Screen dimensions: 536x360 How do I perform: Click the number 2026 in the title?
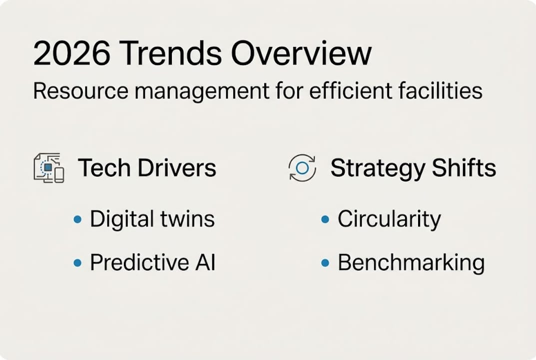point(72,53)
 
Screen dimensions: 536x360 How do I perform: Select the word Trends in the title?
point(170,53)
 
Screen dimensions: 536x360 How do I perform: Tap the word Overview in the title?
point(301,53)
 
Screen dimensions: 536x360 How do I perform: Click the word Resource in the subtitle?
point(80,91)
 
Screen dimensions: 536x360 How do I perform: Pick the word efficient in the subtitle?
point(350,91)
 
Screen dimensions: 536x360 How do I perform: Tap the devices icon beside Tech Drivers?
point(49,167)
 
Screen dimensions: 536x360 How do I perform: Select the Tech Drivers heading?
point(147,167)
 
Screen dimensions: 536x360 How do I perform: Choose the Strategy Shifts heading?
point(413,168)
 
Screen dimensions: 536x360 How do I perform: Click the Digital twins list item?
point(152,219)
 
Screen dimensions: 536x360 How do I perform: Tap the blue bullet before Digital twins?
point(77,219)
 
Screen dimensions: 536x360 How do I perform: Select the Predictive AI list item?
point(153,262)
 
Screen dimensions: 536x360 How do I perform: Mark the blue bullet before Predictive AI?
point(77,263)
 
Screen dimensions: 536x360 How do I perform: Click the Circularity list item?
point(389,219)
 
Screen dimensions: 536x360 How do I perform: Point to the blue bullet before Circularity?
point(325,219)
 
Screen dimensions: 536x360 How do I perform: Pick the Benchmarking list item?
point(411,263)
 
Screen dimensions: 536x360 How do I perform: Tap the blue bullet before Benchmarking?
point(325,263)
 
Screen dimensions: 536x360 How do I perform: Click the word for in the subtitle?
point(290,91)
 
